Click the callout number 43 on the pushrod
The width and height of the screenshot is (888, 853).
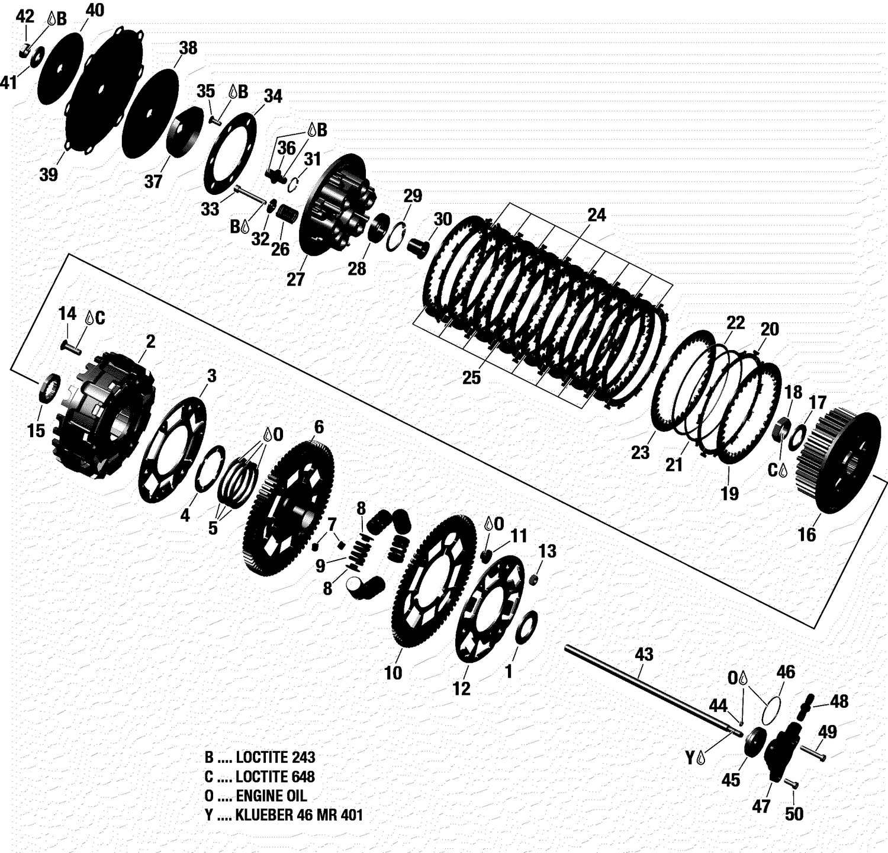644,654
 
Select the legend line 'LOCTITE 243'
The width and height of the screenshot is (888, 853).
260,757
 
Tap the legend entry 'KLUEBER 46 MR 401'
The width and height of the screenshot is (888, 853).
284,815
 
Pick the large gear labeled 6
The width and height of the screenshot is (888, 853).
289,509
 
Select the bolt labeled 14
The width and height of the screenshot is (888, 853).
70,347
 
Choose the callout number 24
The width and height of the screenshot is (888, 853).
596,215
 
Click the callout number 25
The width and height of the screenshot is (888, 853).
471,378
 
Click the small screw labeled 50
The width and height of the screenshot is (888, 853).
790,784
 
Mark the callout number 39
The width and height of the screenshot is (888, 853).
49,175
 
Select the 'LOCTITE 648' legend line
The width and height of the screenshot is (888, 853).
260,777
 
